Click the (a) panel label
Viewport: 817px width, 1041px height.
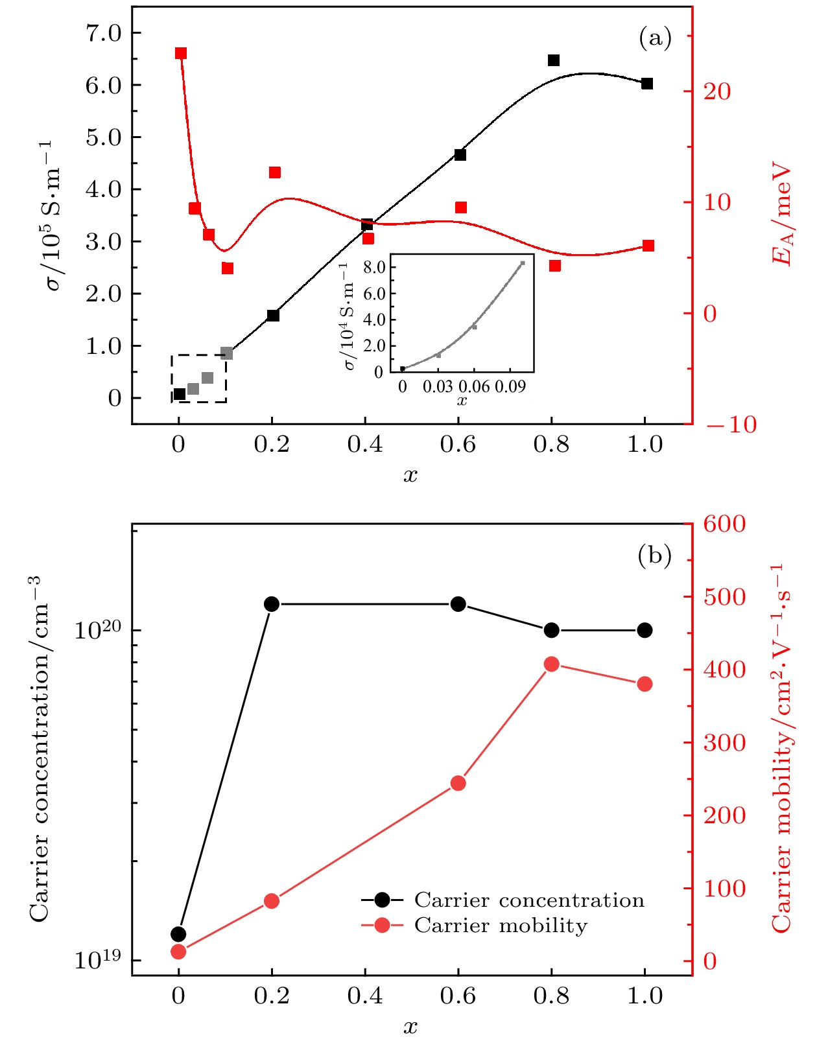[x=655, y=39]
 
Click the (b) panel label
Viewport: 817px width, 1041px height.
[x=654, y=556]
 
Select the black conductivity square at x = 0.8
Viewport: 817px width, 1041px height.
[x=553, y=60]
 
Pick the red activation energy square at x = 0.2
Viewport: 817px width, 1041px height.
[x=274, y=172]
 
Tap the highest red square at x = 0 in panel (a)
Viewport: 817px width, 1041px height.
[x=181, y=53]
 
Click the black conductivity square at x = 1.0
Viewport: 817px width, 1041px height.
[x=646, y=84]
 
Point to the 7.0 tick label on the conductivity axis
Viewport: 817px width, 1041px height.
[x=104, y=33]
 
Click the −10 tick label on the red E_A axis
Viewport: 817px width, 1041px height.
[x=731, y=425]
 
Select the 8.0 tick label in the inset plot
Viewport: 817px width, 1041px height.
[x=374, y=267]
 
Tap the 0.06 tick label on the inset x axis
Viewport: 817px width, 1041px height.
[x=475, y=387]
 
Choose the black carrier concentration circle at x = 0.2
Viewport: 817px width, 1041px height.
[x=272, y=604]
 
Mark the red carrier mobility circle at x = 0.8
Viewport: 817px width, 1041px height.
[x=552, y=664]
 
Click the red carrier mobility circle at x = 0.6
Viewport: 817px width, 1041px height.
[x=458, y=783]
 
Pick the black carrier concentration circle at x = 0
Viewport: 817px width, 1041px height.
[x=178, y=934]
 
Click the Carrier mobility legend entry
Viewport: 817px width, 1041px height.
[x=501, y=925]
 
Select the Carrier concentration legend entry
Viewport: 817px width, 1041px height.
[x=529, y=900]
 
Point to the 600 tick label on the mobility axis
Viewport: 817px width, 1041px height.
[x=724, y=524]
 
